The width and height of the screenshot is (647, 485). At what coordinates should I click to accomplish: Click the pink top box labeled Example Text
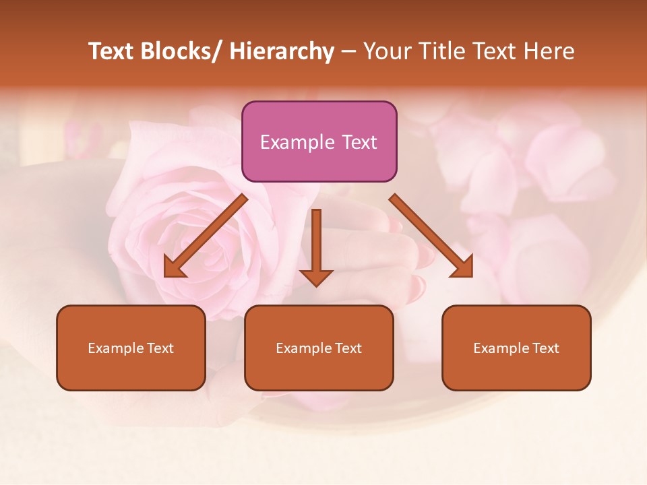[x=319, y=141]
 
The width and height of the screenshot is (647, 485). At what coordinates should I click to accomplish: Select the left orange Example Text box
[x=131, y=348]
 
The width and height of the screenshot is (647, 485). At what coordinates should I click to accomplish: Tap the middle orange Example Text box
[x=319, y=348]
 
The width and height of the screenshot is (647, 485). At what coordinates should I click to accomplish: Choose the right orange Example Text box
[x=516, y=348]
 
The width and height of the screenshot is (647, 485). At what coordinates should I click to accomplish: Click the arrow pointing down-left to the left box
[x=206, y=236]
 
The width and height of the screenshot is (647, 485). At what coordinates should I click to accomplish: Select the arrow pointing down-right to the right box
[x=431, y=236]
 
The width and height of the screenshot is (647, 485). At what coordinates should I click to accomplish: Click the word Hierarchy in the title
[x=282, y=51]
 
